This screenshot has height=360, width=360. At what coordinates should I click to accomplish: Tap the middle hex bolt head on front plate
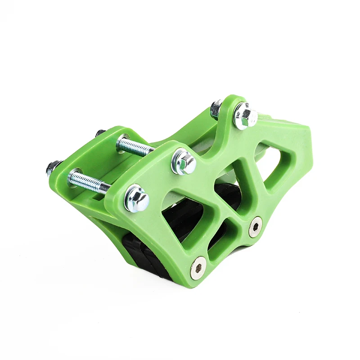(184, 162)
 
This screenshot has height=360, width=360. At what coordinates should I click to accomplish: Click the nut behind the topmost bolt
(216, 108)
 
